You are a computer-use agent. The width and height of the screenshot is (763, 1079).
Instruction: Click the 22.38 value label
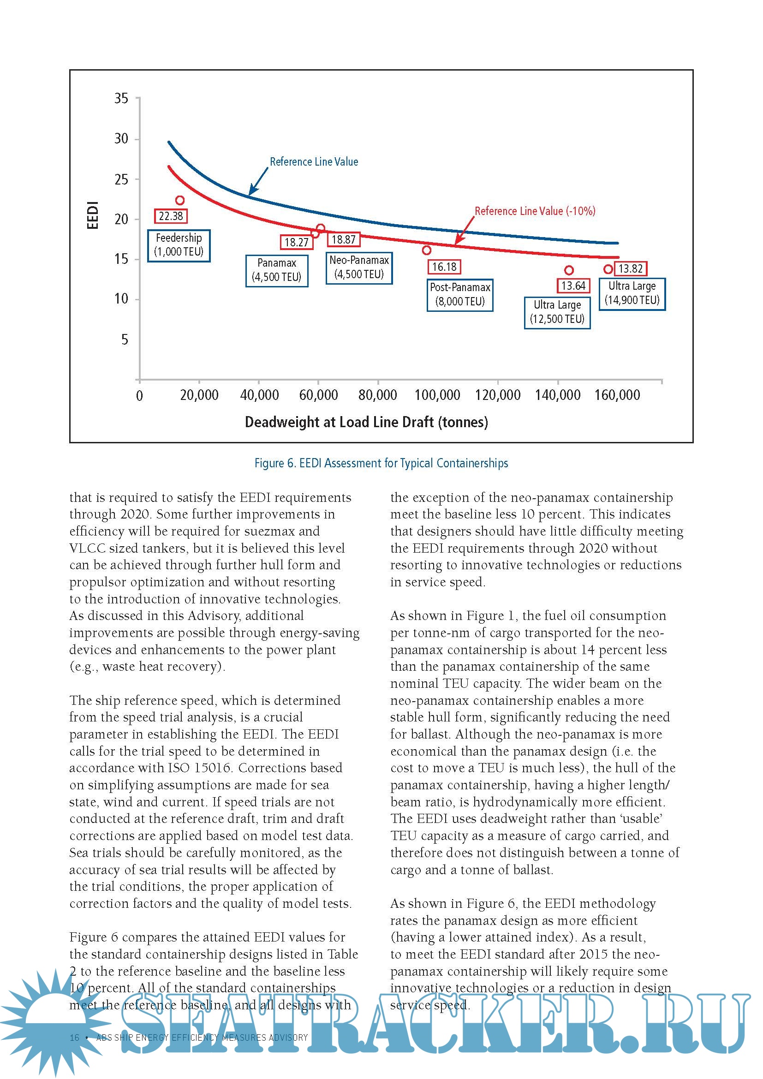click(x=171, y=216)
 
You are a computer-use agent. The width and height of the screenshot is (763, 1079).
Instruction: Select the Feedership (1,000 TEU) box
click(x=179, y=245)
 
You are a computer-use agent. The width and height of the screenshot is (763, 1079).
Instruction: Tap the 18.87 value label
click(x=344, y=239)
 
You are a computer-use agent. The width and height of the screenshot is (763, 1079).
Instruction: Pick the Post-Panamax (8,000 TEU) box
click(x=460, y=294)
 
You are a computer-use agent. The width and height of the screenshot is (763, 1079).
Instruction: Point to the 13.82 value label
click(x=631, y=268)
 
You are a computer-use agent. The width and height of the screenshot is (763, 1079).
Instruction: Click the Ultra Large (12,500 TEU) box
click(x=557, y=312)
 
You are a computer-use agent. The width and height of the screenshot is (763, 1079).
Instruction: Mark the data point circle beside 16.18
click(x=427, y=250)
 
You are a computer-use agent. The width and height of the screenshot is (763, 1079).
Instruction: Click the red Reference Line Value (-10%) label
click(x=535, y=211)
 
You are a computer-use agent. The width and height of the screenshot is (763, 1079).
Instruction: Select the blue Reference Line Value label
click(x=314, y=161)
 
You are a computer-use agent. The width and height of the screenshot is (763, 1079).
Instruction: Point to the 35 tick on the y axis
click(x=121, y=98)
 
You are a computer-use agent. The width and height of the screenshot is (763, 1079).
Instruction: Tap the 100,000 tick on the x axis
click(x=437, y=395)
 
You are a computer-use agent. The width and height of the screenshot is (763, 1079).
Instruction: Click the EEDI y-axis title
click(x=93, y=215)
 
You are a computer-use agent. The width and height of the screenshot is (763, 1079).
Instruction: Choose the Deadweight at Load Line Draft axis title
click(x=366, y=422)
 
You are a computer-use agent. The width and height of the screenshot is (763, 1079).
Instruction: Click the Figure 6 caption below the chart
click(x=381, y=463)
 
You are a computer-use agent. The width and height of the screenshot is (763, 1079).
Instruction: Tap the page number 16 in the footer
click(x=74, y=1037)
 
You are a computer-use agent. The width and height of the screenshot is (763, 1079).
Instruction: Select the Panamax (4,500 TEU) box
click(x=277, y=270)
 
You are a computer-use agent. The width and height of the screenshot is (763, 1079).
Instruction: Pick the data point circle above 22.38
click(x=179, y=200)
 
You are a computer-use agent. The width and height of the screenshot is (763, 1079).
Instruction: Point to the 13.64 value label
click(x=573, y=286)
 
